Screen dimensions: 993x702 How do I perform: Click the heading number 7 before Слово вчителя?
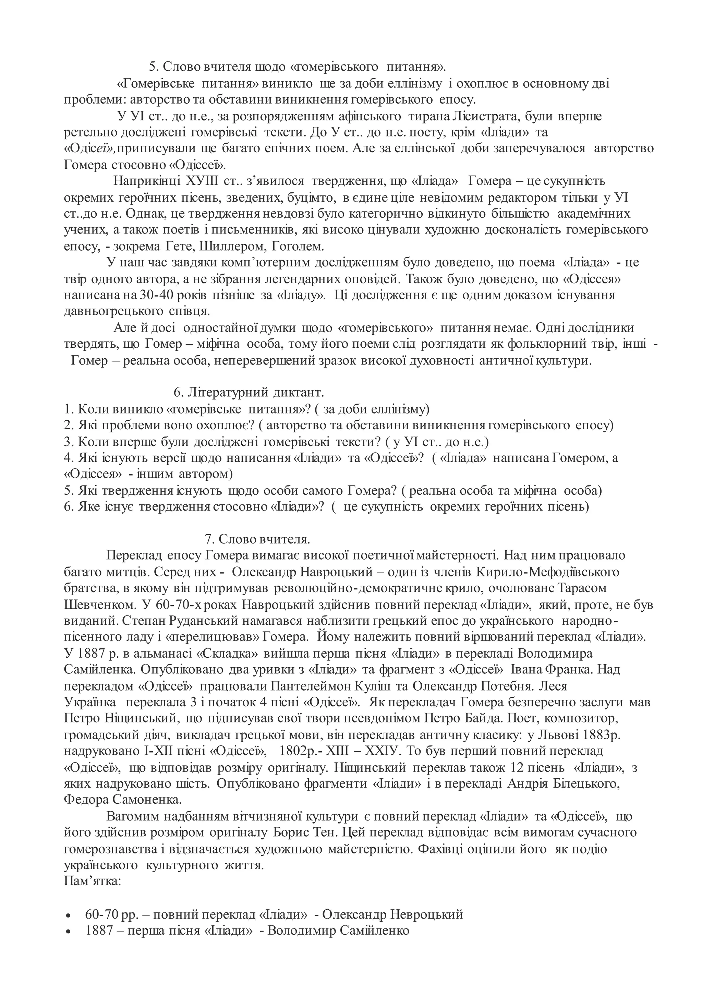(207, 539)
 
